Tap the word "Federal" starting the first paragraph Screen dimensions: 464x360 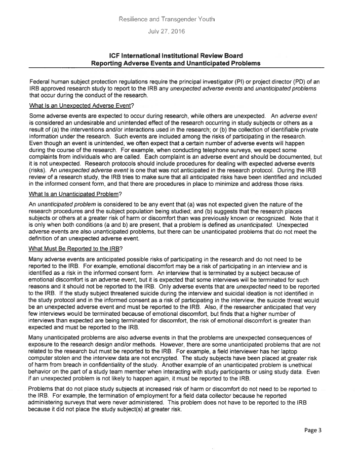(x=41, y=81)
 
